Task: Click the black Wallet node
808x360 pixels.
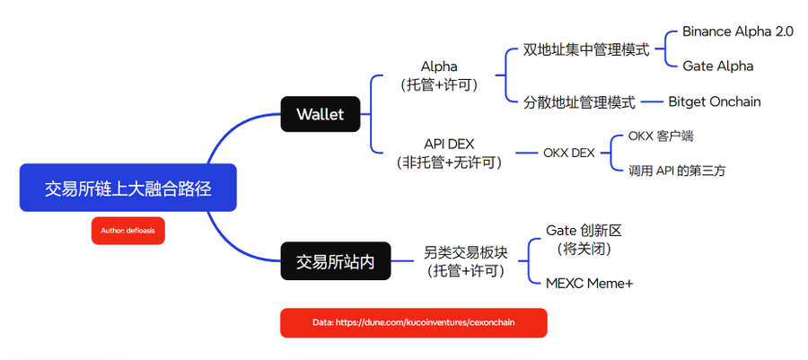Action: pos(320,114)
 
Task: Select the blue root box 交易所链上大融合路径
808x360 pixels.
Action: pos(127,188)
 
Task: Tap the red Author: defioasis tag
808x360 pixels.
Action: pos(127,231)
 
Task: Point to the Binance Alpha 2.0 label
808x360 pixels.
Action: pos(738,31)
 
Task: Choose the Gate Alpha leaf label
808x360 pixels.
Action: pos(718,66)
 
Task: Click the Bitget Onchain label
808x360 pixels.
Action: pos(715,101)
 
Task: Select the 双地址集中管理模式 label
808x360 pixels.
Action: pos(586,50)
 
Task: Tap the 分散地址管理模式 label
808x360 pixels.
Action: pos(579,102)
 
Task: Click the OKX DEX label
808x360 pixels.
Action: pos(569,153)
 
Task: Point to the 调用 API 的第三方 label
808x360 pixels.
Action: pos(677,171)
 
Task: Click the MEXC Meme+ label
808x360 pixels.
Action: pos(590,284)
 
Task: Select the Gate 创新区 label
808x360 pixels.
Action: pos(584,230)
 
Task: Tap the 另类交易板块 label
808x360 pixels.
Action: pos(466,252)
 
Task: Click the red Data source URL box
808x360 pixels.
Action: pos(413,323)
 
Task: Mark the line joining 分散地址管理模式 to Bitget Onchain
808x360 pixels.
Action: pos(652,102)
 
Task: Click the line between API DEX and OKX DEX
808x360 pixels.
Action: pos(526,153)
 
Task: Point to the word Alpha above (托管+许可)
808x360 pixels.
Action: pos(439,66)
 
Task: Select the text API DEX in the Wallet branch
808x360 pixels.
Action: pos(448,145)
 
